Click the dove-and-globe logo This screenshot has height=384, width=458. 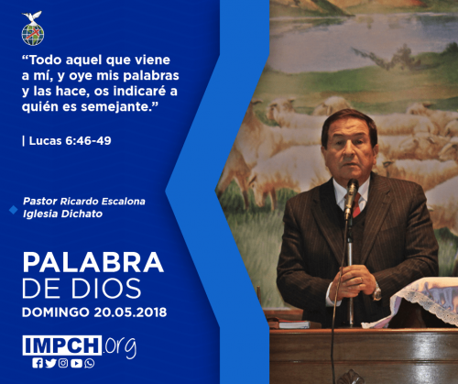(x=33, y=28)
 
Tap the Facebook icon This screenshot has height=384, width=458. (x=38, y=363)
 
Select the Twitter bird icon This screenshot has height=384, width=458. (x=50, y=363)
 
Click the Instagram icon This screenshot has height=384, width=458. (x=63, y=363)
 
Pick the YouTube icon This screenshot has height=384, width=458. (x=76, y=363)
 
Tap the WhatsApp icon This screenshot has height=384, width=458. (x=90, y=363)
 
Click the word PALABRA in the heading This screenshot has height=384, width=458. (x=93, y=262)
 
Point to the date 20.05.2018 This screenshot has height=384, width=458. (x=130, y=313)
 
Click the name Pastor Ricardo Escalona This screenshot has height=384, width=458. (x=84, y=202)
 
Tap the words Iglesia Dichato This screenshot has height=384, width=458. (x=62, y=214)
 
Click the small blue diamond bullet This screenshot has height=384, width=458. (x=14, y=210)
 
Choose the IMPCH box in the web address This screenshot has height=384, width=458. (x=62, y=346)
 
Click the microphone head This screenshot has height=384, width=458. (x=352, y=188)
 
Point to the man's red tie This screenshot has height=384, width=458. (x=355, y=205)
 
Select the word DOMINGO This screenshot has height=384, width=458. (x=56, y=313)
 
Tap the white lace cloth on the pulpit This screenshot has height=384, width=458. (x=421, y=301)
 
